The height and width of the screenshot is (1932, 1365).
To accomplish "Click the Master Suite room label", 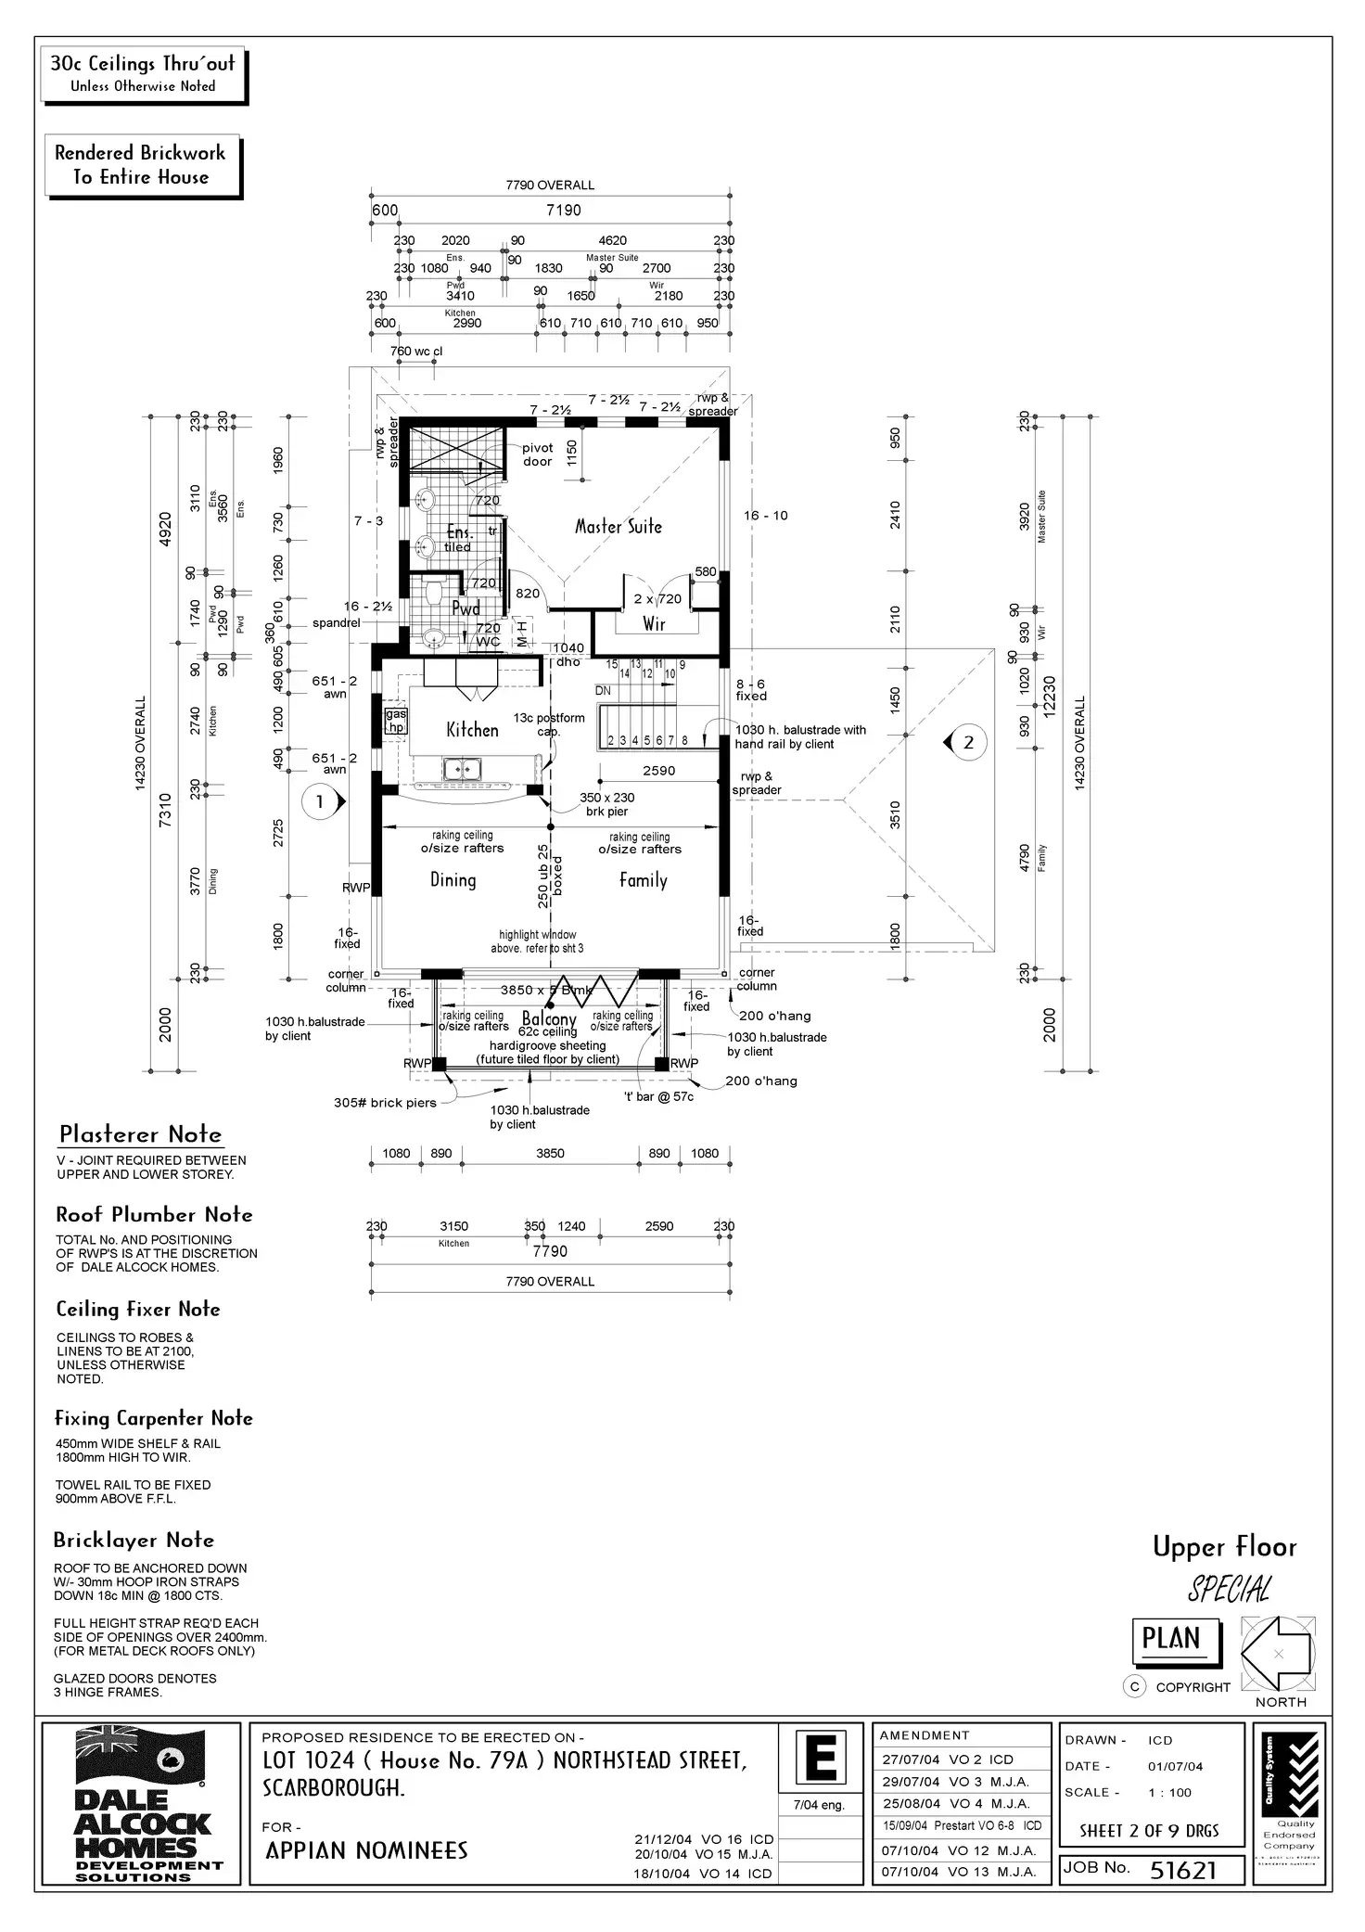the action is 619,527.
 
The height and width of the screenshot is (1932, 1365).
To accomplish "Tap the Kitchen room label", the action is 472,730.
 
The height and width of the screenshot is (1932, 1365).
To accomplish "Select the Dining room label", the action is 453,880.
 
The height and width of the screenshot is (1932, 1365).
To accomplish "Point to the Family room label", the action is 643,880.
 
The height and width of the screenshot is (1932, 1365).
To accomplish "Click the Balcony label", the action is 549,1018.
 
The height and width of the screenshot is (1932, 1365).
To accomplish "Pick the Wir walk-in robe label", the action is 655,624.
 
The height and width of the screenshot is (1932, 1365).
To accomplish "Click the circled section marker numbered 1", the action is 320,801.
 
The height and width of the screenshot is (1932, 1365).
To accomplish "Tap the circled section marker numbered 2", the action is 969,742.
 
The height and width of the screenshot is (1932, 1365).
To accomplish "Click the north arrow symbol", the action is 1278,1654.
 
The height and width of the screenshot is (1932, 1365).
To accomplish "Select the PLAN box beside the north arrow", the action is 1171,1639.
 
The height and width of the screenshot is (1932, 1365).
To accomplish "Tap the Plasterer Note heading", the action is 141,1134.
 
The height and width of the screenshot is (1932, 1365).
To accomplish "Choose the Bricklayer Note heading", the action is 134,1541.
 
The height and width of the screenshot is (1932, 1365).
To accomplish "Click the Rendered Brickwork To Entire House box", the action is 142,165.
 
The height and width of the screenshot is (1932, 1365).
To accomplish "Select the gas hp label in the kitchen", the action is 396,722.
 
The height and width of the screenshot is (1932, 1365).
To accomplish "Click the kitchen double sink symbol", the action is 461,769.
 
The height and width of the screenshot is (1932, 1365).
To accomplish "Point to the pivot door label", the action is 537,454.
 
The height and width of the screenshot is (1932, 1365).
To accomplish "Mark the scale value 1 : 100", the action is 1169,1792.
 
